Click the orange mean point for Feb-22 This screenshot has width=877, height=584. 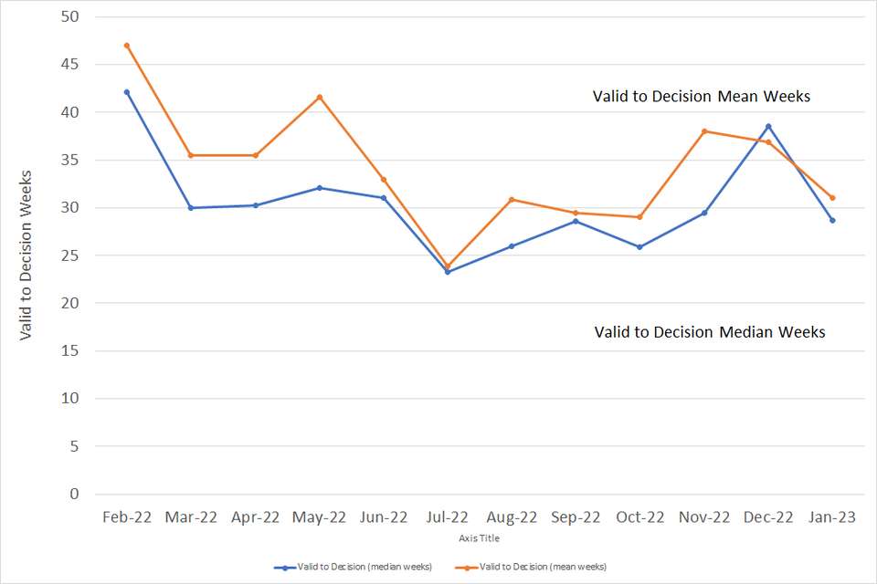tap(127, 46)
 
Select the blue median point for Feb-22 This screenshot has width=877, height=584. tap(127, 92)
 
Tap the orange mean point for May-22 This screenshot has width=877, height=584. tap(320, 97)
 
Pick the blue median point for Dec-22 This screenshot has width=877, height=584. tap(768, 126)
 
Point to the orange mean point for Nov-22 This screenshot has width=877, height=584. tap(704, 131)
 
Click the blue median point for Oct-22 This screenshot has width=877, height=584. tap(640, 247)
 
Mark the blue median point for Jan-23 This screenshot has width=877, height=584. tap(832, 220)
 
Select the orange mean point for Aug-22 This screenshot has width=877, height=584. tap(512, 199)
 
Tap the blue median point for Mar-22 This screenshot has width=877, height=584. tap(191, 208)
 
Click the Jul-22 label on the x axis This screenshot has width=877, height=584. tap(448, 517)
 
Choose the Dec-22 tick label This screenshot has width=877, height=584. tap(768, 517)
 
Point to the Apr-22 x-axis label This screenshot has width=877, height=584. tap(255, 517)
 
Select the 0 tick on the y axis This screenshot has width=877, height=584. tap(74, 495)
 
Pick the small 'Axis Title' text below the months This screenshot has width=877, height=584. tap(479, 538)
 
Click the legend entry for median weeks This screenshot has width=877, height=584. tap(353, 567)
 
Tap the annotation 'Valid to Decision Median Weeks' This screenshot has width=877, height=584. tap(710, 332)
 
